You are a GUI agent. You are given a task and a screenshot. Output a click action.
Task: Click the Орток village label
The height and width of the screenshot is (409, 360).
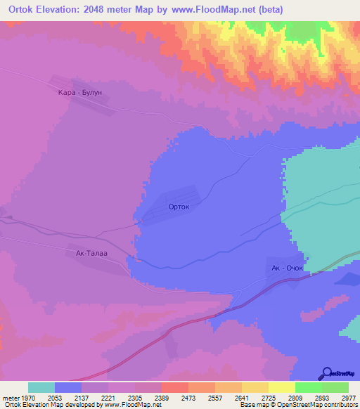tap(179, 207)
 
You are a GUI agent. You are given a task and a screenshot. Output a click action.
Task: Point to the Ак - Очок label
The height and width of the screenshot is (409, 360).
tap(287, 268)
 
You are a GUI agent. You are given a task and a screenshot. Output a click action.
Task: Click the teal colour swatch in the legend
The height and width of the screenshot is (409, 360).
tap(41, 387)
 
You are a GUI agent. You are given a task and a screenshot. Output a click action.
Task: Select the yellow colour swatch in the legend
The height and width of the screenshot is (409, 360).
tap(281, 387)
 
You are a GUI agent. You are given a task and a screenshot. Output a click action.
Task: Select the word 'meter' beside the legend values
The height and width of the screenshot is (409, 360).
tap(9, 397)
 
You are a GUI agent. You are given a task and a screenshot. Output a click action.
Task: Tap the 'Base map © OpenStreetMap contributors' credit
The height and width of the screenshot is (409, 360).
tap(299, 405)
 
